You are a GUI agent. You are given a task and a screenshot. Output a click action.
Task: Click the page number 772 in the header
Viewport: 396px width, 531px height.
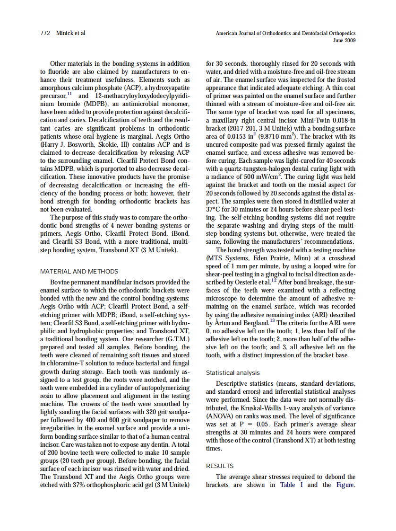[45, 34]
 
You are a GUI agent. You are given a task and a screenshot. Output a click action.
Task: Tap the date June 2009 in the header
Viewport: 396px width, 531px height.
[344, 41]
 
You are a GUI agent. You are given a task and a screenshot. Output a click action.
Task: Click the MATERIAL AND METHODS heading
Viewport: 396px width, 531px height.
[79, 272]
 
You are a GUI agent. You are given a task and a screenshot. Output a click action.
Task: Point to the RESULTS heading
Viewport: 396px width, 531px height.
[220, 466]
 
